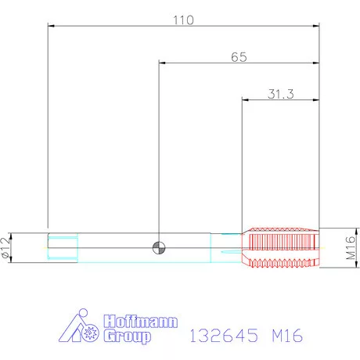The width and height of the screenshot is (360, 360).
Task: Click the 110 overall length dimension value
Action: point(184,20)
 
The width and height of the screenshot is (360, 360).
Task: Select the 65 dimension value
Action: point(239,57)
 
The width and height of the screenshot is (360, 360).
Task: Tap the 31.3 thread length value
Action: point(281,94)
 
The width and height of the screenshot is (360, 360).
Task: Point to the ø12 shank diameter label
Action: point(5,248)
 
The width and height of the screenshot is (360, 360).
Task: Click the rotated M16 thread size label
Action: point(351,248)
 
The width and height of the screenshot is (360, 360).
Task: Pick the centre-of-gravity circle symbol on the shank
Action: point(159,247)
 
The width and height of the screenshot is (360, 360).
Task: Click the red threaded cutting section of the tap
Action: point(281,248)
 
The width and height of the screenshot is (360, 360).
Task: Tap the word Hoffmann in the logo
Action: point(141,321)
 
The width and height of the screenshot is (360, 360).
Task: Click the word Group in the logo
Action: point(128,336)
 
